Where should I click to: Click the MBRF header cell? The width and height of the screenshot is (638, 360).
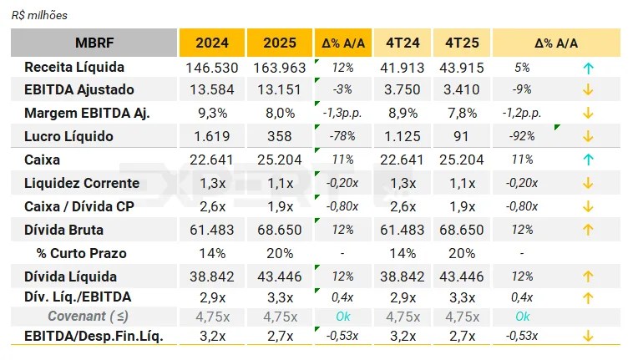click(x=94, y=43)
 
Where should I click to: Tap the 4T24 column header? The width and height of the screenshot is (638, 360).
click(x=403, y=43)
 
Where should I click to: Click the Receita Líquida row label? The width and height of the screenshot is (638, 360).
click(x=74, y=67)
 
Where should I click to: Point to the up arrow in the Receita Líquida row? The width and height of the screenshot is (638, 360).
click(x=588, y=67)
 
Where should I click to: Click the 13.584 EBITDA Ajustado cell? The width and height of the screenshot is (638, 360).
click(x=212, y=89)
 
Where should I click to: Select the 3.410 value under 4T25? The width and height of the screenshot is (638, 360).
click(x=462, y=89)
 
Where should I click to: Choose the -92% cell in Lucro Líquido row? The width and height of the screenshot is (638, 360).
click(x=521, y=136)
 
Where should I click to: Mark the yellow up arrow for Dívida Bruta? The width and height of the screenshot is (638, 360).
click(x=588, y=229)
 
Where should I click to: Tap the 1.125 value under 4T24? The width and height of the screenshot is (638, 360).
click(x=403, y=136)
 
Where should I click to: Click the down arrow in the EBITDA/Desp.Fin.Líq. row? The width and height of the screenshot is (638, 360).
click(x=588, y=336)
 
